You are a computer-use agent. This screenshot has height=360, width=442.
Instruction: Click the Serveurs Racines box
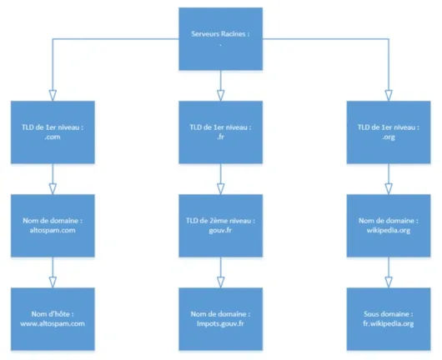pos(220,38)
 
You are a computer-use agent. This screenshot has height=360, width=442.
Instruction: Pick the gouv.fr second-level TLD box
pos(220,224)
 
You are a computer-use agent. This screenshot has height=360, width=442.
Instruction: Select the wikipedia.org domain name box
pos(387,224)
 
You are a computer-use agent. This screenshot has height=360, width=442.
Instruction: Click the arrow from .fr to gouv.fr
pos(220,177)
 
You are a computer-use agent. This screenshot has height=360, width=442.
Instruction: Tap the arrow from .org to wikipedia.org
pos(387,177)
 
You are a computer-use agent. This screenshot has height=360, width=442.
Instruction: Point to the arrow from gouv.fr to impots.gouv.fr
pos(220,270)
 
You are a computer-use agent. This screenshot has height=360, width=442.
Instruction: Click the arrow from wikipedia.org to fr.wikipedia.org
pos(387,270)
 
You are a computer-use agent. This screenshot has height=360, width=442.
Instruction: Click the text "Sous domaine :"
pos(387,312)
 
